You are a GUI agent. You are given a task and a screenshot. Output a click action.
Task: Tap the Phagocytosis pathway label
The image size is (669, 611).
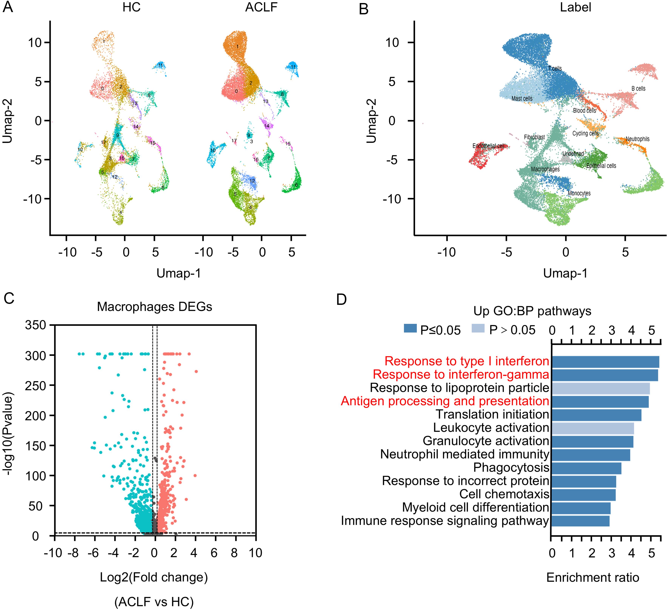pos(511,468)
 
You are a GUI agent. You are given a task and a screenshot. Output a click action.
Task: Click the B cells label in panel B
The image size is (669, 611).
pos(638,89)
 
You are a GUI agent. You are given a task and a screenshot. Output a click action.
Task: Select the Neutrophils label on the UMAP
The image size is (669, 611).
pos(637,139)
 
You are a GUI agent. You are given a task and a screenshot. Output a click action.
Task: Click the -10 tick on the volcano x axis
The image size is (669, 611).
pos(53,553)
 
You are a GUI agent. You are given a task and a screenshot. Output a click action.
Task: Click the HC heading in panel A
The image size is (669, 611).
pos(131,7)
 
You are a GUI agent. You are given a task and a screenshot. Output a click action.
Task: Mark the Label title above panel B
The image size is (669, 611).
pos(575,7)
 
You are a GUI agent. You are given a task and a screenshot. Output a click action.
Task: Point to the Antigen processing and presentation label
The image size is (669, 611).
pos(445,401)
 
